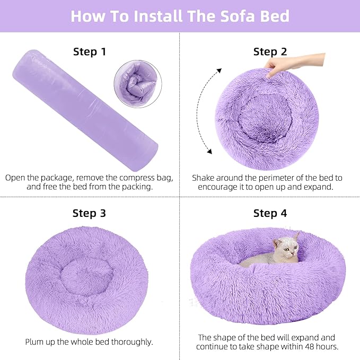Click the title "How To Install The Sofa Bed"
click(x=180, y=15)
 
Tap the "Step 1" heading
click(x=89, y=51)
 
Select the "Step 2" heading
click(x=270, y=51)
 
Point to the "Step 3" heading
click(x=89, y=213)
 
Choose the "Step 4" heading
click(x=270, y=213)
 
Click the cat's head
click(x=287, y=248)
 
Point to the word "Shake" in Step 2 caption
click(x=205, y=178)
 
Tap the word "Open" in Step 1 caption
click(x=16, y=178)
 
